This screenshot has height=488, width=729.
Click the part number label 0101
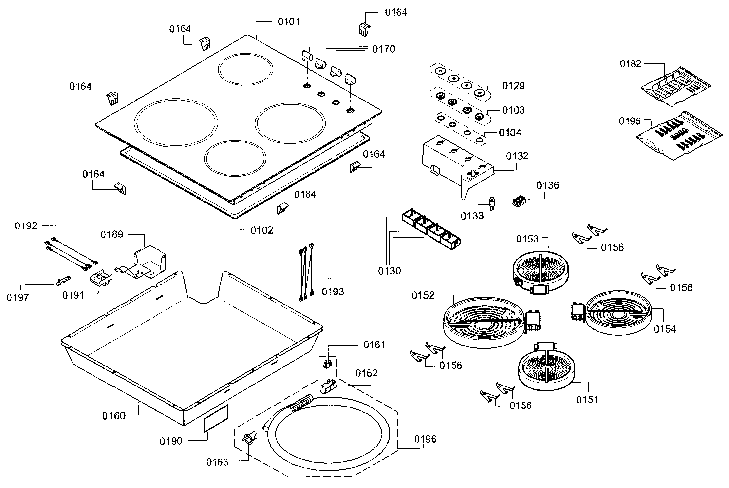pos(288,21)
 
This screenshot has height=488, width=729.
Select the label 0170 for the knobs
pos(383,49)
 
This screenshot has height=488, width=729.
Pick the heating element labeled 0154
pos(618,313)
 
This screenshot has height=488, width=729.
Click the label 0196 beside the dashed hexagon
pos(425,439)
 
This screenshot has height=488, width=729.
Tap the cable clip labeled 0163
pos(249,438)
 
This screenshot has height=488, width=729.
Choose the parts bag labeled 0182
pos(676,86)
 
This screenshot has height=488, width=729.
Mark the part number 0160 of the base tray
pos(114,416)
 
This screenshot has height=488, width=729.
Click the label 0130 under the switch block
pos(389,271)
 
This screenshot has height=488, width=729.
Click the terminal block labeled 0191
pos(101,277)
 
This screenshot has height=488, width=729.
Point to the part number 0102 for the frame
pos(262,230)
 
